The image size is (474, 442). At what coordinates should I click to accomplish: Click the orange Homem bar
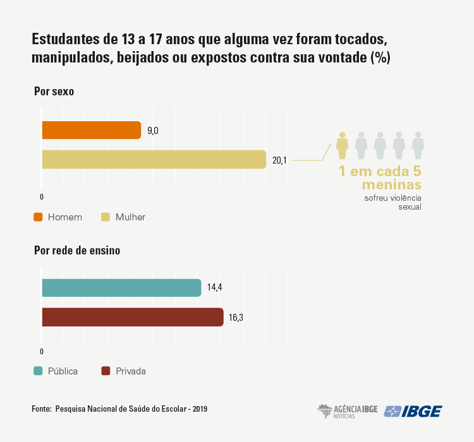91,130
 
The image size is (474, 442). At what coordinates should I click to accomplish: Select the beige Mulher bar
154,160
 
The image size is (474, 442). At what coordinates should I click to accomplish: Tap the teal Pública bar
121,288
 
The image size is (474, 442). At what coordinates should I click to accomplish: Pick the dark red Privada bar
132,317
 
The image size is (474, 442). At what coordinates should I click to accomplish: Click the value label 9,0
153,131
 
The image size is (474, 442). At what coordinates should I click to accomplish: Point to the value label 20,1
279,160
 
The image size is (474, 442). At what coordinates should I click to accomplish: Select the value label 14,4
215,288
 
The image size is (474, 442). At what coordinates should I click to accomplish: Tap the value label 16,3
236,318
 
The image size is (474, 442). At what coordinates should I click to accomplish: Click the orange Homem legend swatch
38,217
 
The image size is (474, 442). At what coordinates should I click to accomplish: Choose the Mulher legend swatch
106,217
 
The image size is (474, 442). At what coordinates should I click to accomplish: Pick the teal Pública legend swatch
38,371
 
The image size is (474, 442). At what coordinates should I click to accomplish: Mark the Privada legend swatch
106,371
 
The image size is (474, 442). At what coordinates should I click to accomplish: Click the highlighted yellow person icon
342,145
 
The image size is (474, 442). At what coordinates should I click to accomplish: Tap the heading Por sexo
54,91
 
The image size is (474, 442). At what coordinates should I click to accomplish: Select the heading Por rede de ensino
77,251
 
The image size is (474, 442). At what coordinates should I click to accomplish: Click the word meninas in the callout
391,185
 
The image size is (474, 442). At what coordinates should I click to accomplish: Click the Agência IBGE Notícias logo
347,411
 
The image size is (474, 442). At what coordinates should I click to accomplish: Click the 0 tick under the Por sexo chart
42,197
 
